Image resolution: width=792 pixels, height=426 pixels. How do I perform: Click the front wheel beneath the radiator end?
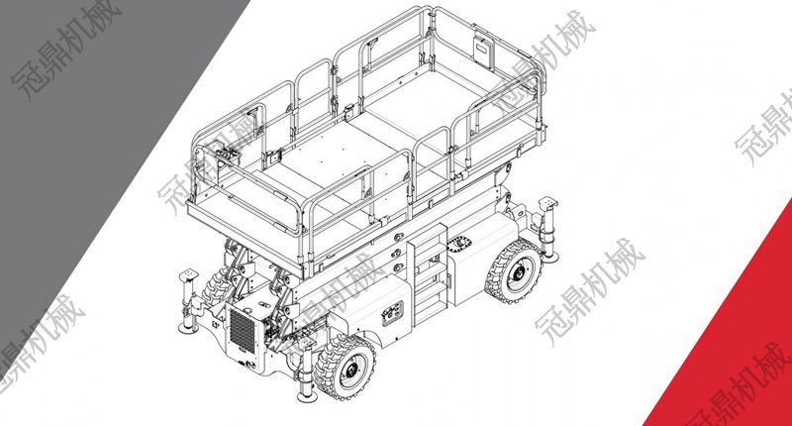coord(345,367)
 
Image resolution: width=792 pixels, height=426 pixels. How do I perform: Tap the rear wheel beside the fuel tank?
coord(513,271)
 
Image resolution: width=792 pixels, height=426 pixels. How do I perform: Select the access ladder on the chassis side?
coord(430,272)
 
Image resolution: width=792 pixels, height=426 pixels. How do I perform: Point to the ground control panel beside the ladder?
coord(392,313)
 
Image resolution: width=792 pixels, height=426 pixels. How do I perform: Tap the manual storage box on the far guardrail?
coord(483,52)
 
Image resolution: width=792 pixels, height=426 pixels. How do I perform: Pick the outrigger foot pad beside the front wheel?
coord(307,396)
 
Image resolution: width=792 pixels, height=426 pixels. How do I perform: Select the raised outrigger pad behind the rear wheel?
coord(548,204)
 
